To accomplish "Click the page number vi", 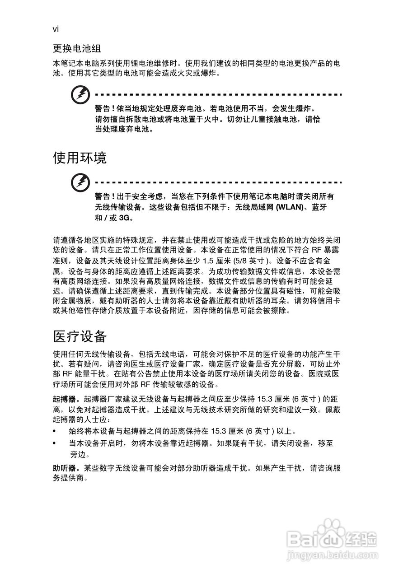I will pos(56,29).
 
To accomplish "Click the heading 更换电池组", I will pos(76,48).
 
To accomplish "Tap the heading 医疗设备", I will pos(80,336).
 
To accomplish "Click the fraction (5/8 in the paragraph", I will pos(239,261).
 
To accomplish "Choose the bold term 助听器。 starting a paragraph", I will pos(67,468).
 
